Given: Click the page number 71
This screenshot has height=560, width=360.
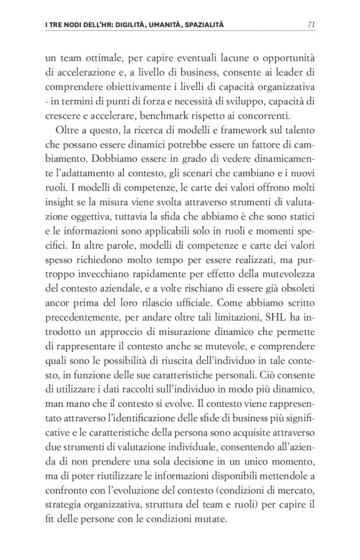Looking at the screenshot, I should (x=313, y=25).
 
